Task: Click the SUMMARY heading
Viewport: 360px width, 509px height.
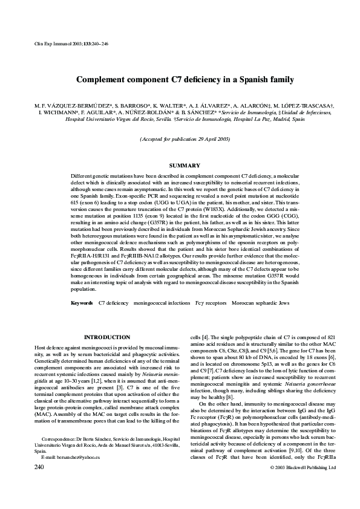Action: tap(180, 166)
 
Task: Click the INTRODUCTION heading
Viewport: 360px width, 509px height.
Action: tap(106, 337)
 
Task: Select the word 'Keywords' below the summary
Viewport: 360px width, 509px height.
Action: tap(82, 302)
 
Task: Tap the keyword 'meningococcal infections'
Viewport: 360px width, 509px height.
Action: tap(161, 302)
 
